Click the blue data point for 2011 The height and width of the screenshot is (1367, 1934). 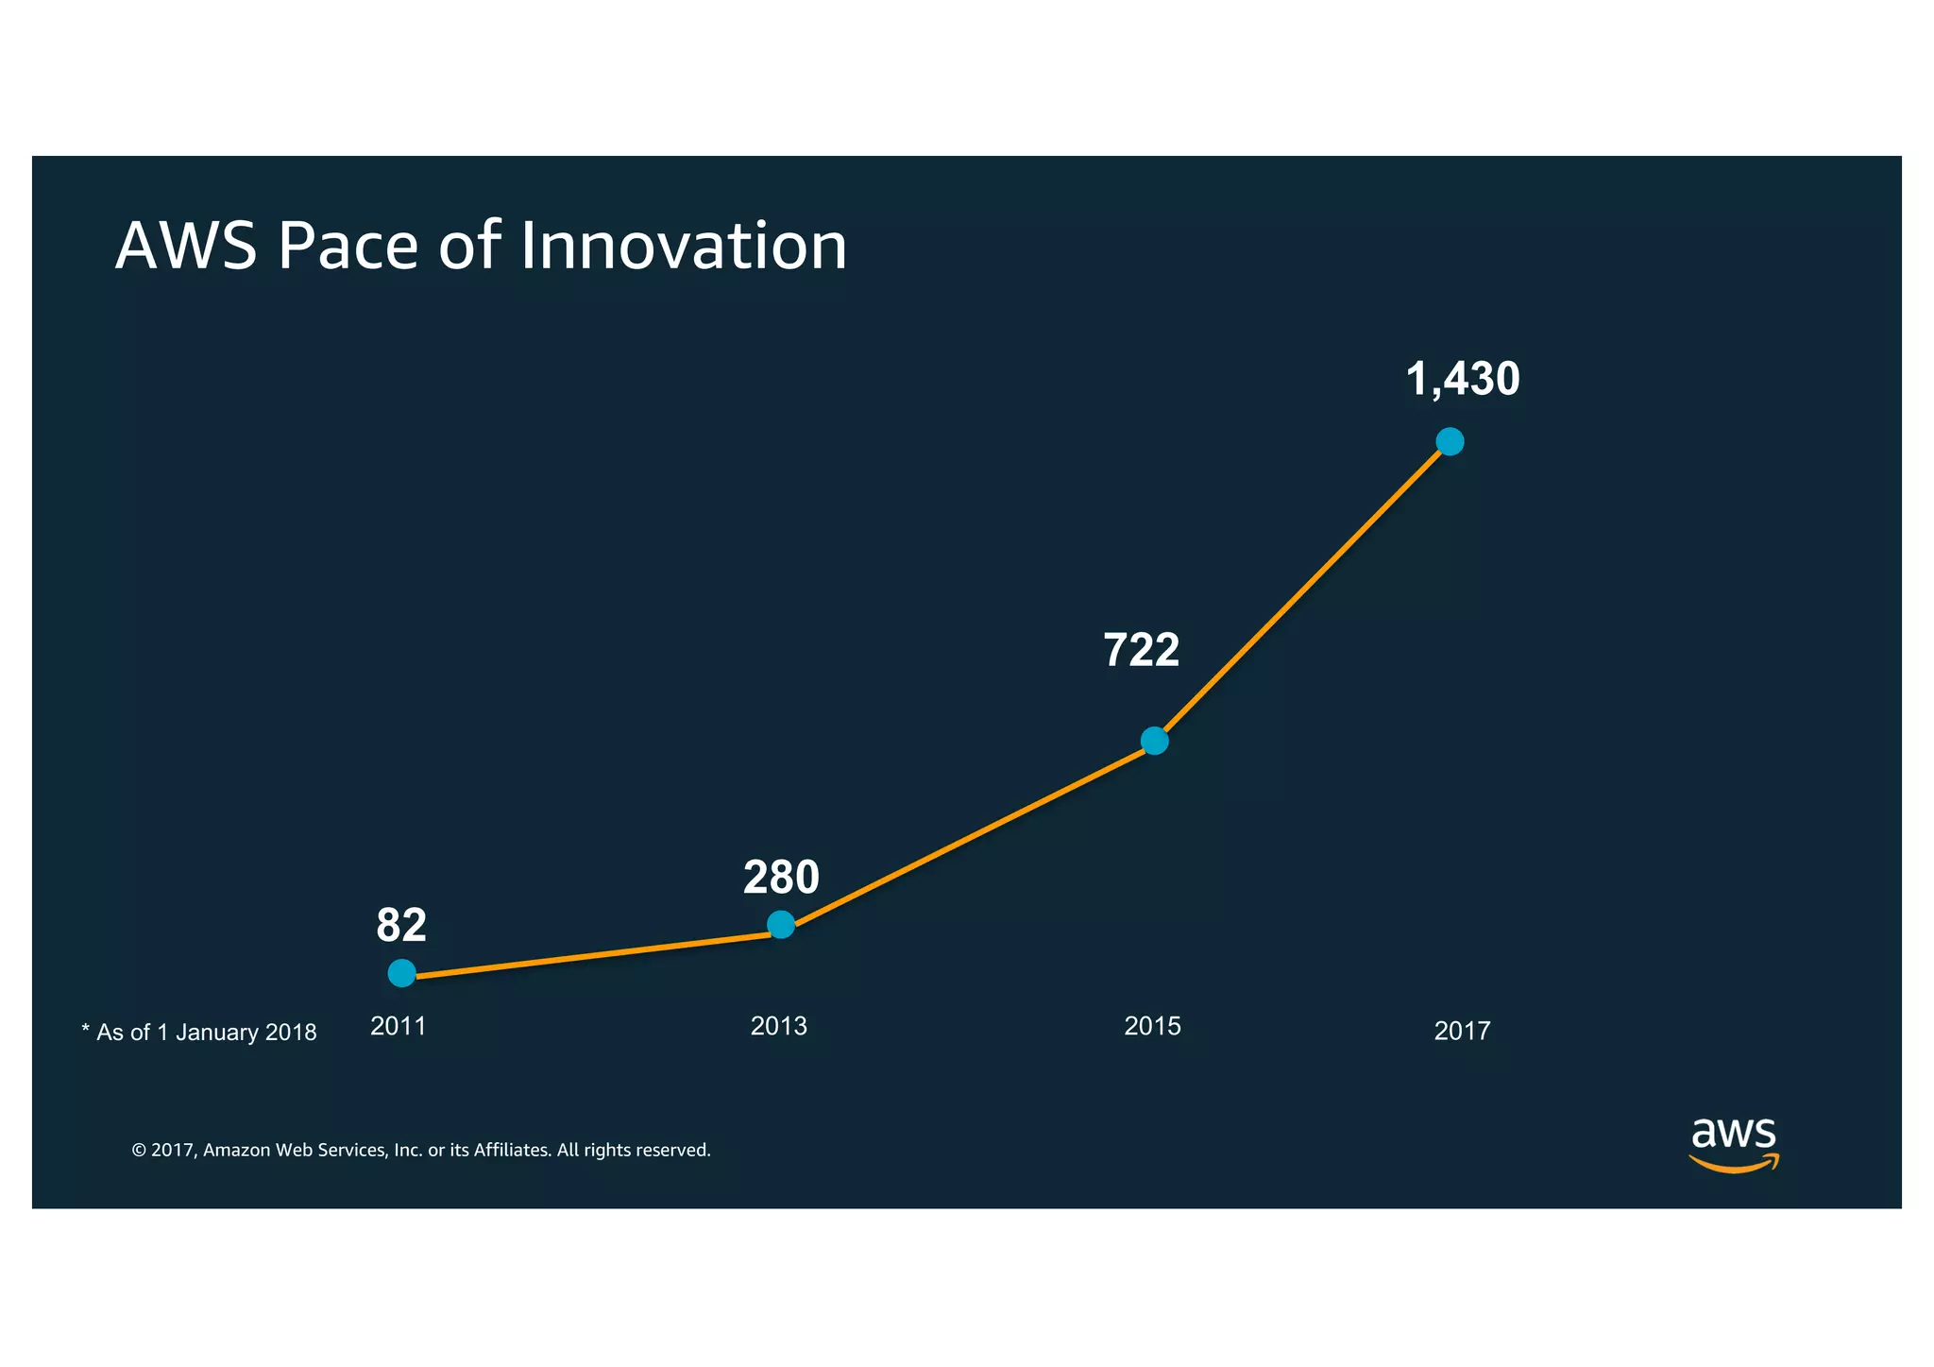[x=401, y=973]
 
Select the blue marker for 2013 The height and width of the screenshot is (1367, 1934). [x=781, y=924]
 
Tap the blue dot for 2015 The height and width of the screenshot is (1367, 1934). [x=1154, y=741]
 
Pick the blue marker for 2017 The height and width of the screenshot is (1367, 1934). [x=1450, y=441]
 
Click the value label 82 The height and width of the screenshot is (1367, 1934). [x=401, y=926]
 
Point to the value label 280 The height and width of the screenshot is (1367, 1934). [x=781, y=878]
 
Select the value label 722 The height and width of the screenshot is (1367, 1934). [x=1141, y=650]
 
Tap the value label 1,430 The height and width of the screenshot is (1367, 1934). [x=1462, y=379]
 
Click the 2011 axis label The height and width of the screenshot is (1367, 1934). [x=399, y=1026]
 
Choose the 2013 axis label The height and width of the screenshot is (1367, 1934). [x=778, y=1026]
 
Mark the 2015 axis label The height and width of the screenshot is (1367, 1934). [x=1152, y=1026]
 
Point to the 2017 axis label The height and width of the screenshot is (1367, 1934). [x=1462, y=1031]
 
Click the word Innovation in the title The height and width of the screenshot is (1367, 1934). [x=684, y=246]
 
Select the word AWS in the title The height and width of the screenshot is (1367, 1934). [x=186, y=246]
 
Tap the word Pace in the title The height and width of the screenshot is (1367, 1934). [x=348, y=246]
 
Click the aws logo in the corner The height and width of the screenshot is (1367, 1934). [x=1733, y=1143]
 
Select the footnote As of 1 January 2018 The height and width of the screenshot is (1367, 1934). [x=200, y=1033]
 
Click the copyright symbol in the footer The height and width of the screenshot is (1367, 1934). [x=139, y=1151]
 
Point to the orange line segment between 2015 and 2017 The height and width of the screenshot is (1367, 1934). [x=1303, y=590]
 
